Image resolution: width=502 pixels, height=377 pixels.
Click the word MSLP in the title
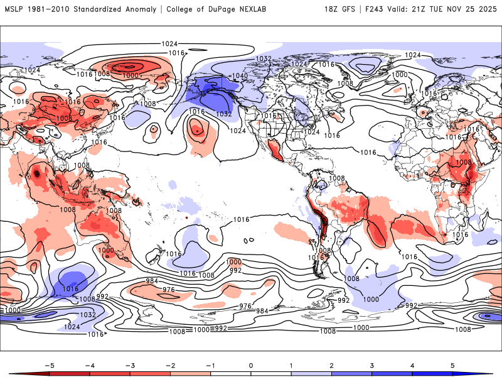(x=14, y=9)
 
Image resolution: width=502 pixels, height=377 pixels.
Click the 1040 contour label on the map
(x=240, y=75)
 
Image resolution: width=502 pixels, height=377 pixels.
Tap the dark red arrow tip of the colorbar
(x=14, y=374)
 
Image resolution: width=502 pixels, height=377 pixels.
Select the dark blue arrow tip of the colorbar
(x=488, y=374)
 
